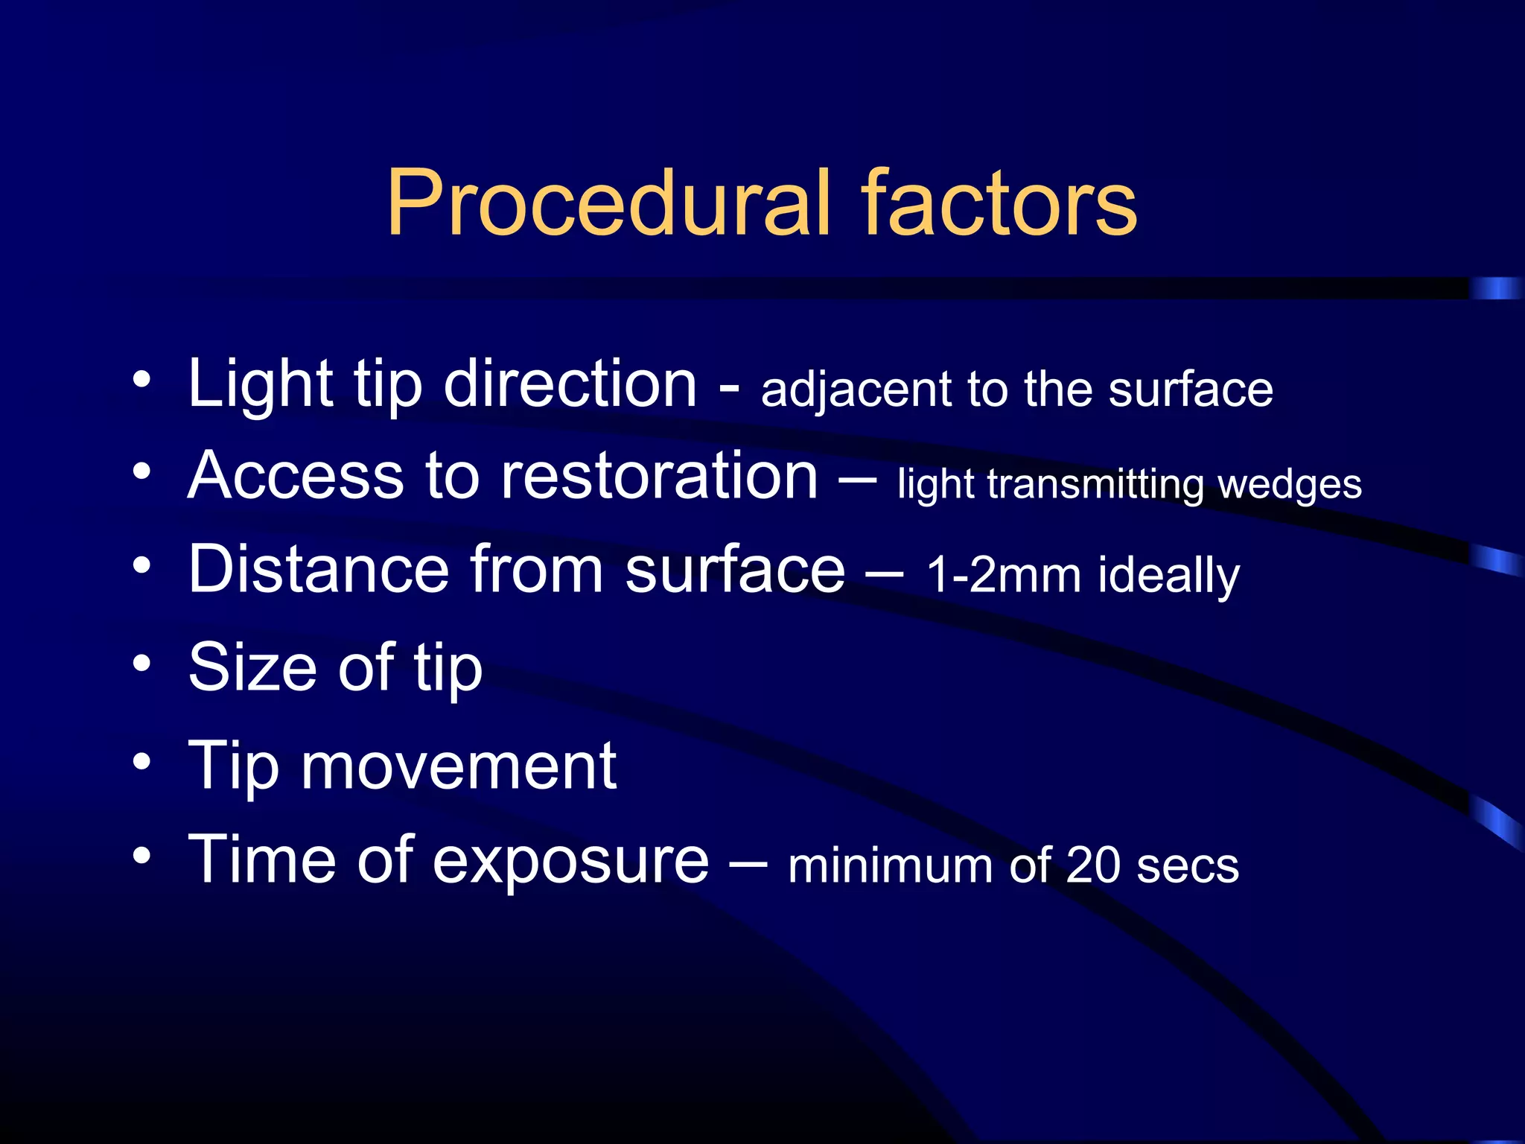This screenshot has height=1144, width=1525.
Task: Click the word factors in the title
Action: pyautogui.click(x=999, y=203)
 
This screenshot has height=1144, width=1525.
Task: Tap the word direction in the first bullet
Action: pyautogui.click(x=570, y=384)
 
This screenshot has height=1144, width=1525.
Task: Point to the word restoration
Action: pyautogui.click(x=659, y=477)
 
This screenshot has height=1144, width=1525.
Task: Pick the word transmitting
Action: pyautogui.click(x=1095, y=485)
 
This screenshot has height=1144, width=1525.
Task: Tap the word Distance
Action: pyautogui.click(x=319, y=570)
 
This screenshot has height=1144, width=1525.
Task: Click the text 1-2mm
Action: pyautogui.click(x=1002, y=576)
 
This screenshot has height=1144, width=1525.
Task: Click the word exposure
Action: pyautogui.click(x=570, y=861)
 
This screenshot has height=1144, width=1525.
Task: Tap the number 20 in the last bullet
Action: pyautogui.click(x=1092, y=866)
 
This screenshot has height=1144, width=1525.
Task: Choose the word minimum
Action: pyautogui.click(x=890, y=866)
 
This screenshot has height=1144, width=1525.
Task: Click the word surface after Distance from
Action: pyautogui.click(x=734, y=570)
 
